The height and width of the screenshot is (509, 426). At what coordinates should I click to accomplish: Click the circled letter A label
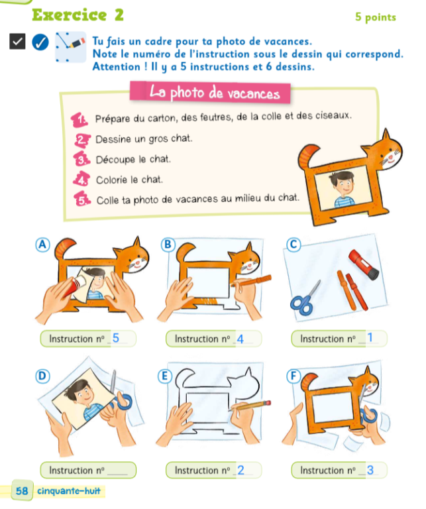(x=42, y=245)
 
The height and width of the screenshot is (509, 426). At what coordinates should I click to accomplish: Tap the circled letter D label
(x=42, y=376)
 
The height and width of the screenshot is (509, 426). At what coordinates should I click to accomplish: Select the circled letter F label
(x=293, y=376)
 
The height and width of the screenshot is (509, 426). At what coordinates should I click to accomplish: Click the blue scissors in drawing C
(x=305, y=299)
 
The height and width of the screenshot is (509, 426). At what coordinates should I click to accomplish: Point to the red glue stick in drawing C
(x=363, y=264)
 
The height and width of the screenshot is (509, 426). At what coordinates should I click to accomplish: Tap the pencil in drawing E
(x=250, y=406)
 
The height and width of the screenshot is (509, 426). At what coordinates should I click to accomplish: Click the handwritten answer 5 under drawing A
(x=115, y=338)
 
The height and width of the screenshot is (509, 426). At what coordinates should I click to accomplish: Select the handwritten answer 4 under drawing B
(x=240, y=339)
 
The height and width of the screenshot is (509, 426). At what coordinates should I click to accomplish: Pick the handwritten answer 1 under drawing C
(x=370, y=337)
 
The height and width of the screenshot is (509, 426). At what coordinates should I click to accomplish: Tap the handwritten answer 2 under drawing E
(x=240, y=470)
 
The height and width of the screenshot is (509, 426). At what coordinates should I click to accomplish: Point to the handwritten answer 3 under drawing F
(x=370, y=470)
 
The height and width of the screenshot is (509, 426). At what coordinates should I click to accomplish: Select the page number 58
(x=22, y=490)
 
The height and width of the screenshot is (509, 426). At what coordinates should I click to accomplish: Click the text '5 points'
(x=376, y=17)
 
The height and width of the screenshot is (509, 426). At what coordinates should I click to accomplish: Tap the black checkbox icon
(x=17, y=41)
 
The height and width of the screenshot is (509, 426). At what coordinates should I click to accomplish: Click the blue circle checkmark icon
(x=40, y=42)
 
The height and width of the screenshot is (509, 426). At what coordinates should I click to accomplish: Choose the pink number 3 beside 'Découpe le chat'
(x=81, y=159)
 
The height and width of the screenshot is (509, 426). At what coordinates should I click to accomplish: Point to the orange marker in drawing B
(x=252, y=281)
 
